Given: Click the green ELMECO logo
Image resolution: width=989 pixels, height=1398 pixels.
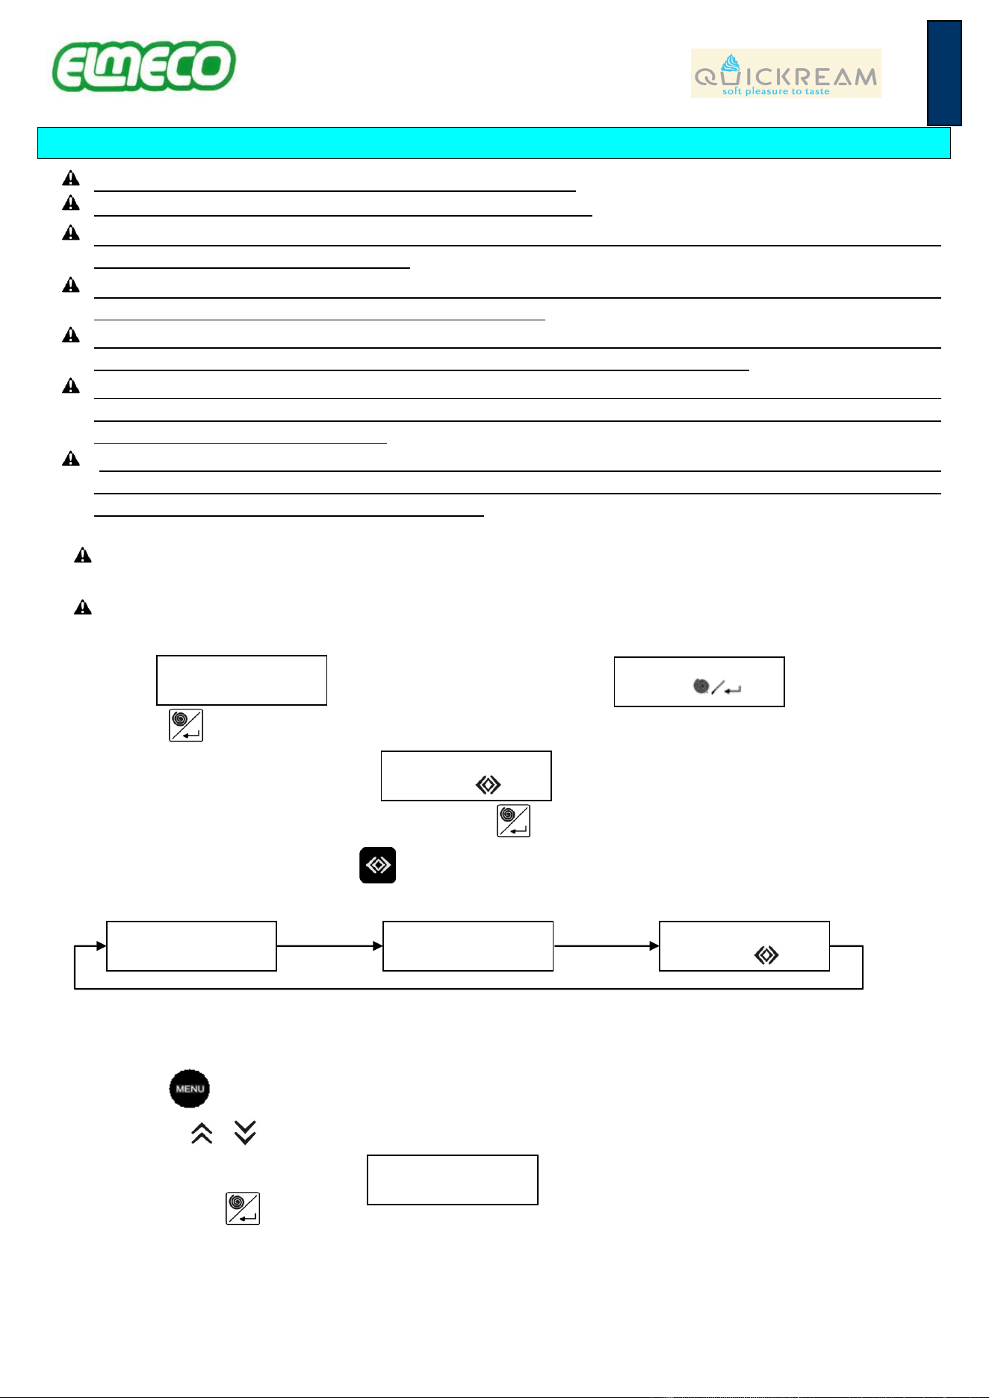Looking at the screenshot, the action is [143, 66].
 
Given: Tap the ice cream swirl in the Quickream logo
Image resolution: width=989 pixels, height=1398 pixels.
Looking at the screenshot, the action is [731, 63].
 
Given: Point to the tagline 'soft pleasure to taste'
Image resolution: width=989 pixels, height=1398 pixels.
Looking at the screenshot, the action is [775, 91].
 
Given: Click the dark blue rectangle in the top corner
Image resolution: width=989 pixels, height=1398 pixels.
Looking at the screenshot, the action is [944, 73].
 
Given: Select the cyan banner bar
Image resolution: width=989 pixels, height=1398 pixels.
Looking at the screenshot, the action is [494, 143].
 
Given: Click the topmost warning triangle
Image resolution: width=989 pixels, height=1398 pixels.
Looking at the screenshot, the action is [71, 178].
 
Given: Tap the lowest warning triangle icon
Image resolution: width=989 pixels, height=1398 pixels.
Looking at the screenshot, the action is [83, 607].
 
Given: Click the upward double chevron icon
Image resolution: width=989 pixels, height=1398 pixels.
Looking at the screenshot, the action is [202, 1134].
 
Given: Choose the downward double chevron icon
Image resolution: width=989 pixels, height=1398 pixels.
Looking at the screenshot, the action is [245, 1133].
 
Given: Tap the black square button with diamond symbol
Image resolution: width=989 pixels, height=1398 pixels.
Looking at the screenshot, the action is [378, 865].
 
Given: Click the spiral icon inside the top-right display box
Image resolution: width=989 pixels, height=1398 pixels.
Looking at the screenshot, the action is [701, 686].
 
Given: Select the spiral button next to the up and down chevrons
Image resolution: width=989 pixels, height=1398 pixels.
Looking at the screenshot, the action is [243, 1208].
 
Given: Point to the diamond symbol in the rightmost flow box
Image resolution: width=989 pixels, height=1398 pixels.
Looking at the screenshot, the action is [766, 955].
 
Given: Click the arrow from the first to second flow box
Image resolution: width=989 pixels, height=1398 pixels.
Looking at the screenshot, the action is [329, 946].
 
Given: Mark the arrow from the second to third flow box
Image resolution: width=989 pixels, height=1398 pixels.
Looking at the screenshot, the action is [606, 946].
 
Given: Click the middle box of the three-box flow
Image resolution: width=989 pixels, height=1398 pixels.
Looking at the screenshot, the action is [468, 946].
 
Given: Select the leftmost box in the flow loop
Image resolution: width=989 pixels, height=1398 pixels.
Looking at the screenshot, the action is [192, 946].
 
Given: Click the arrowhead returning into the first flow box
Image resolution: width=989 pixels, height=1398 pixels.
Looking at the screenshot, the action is [102, 946].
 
